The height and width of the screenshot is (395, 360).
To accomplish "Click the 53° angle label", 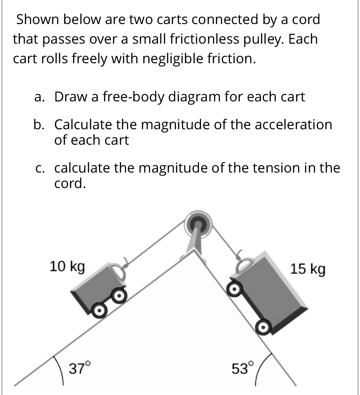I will (243, 369).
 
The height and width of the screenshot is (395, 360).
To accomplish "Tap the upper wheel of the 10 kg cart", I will (119, 295).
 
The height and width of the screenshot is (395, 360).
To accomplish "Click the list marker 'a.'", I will (39, 97).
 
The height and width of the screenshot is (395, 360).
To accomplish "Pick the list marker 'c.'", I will (40, 168).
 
